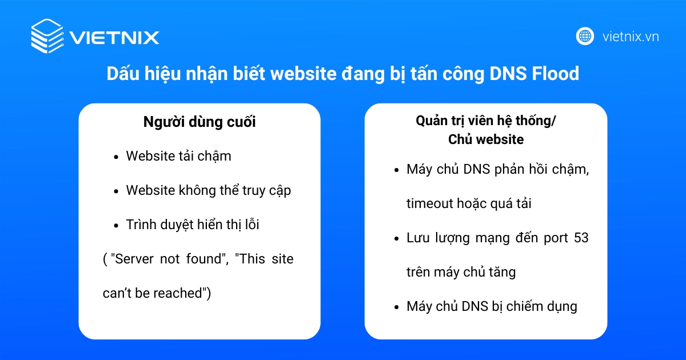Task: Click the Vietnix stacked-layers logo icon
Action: [47, 35]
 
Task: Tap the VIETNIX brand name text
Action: [114, 38]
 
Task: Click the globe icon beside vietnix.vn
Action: [585, 37]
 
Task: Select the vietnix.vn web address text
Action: [631, 37]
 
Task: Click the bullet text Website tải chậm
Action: [178, 156]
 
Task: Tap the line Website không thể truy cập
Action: [208, 190]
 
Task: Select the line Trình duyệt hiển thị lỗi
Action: [193, 225]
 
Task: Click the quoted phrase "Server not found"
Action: [168, 259]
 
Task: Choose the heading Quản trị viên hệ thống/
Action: [485, 122]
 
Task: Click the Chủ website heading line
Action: [485, 139]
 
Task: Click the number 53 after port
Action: [580, 238]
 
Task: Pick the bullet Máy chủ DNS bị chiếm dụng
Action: [492, 306]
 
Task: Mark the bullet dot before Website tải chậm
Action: [117, 157]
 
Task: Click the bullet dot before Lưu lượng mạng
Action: [397, 238]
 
